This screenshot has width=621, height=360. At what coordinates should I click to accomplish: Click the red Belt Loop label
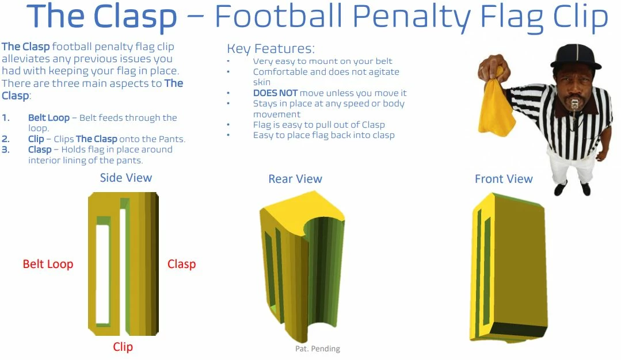tap(48, 265)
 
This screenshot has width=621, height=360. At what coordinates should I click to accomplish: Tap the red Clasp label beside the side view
tap(181, 265)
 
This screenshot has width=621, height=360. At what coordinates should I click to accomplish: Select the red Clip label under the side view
tap(123, 347)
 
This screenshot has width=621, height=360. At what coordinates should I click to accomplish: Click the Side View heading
tap(126, 178)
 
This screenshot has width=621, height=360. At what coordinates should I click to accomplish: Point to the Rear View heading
tap(295, 179)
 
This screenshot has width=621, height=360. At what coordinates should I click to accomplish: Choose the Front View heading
tap(504, 179)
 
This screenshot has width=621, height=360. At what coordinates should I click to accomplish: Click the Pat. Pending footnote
tap(318, 348)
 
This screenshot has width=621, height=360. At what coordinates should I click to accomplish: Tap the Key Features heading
tap(271, 48)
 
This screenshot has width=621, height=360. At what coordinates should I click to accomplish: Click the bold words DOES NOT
tap(275, 93)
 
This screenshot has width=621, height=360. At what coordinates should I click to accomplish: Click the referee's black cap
tap(575, 56)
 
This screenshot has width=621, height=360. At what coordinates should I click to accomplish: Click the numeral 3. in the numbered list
tap(6, 150)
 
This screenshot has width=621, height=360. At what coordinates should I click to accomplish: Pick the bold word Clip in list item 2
tap(36, 139)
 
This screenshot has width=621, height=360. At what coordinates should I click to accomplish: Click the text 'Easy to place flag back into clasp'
tap(323, 135)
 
